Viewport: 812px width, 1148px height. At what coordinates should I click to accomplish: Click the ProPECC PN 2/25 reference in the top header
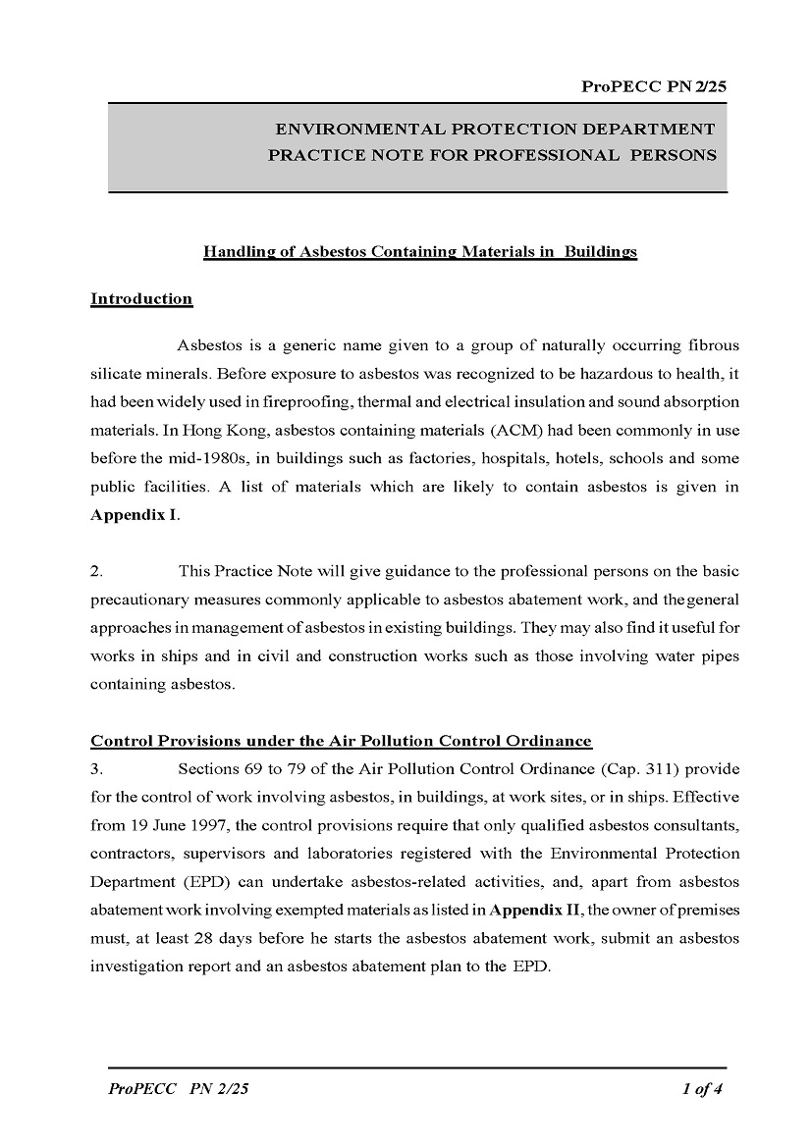(x=654, y=87)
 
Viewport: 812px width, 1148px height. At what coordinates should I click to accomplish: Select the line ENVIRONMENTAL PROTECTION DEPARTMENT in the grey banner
(x=495, y=130)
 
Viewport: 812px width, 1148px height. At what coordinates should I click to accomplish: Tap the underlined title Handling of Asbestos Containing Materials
(x=419, y=252)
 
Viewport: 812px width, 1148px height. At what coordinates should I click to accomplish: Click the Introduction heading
(x=141, y=299)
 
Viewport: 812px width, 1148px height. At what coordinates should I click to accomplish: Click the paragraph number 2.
(x=96, y=571)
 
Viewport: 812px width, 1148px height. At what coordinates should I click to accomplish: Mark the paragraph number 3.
(x=96, y=769)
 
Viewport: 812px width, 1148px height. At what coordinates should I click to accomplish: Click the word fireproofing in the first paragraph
(x=307, y=402)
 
